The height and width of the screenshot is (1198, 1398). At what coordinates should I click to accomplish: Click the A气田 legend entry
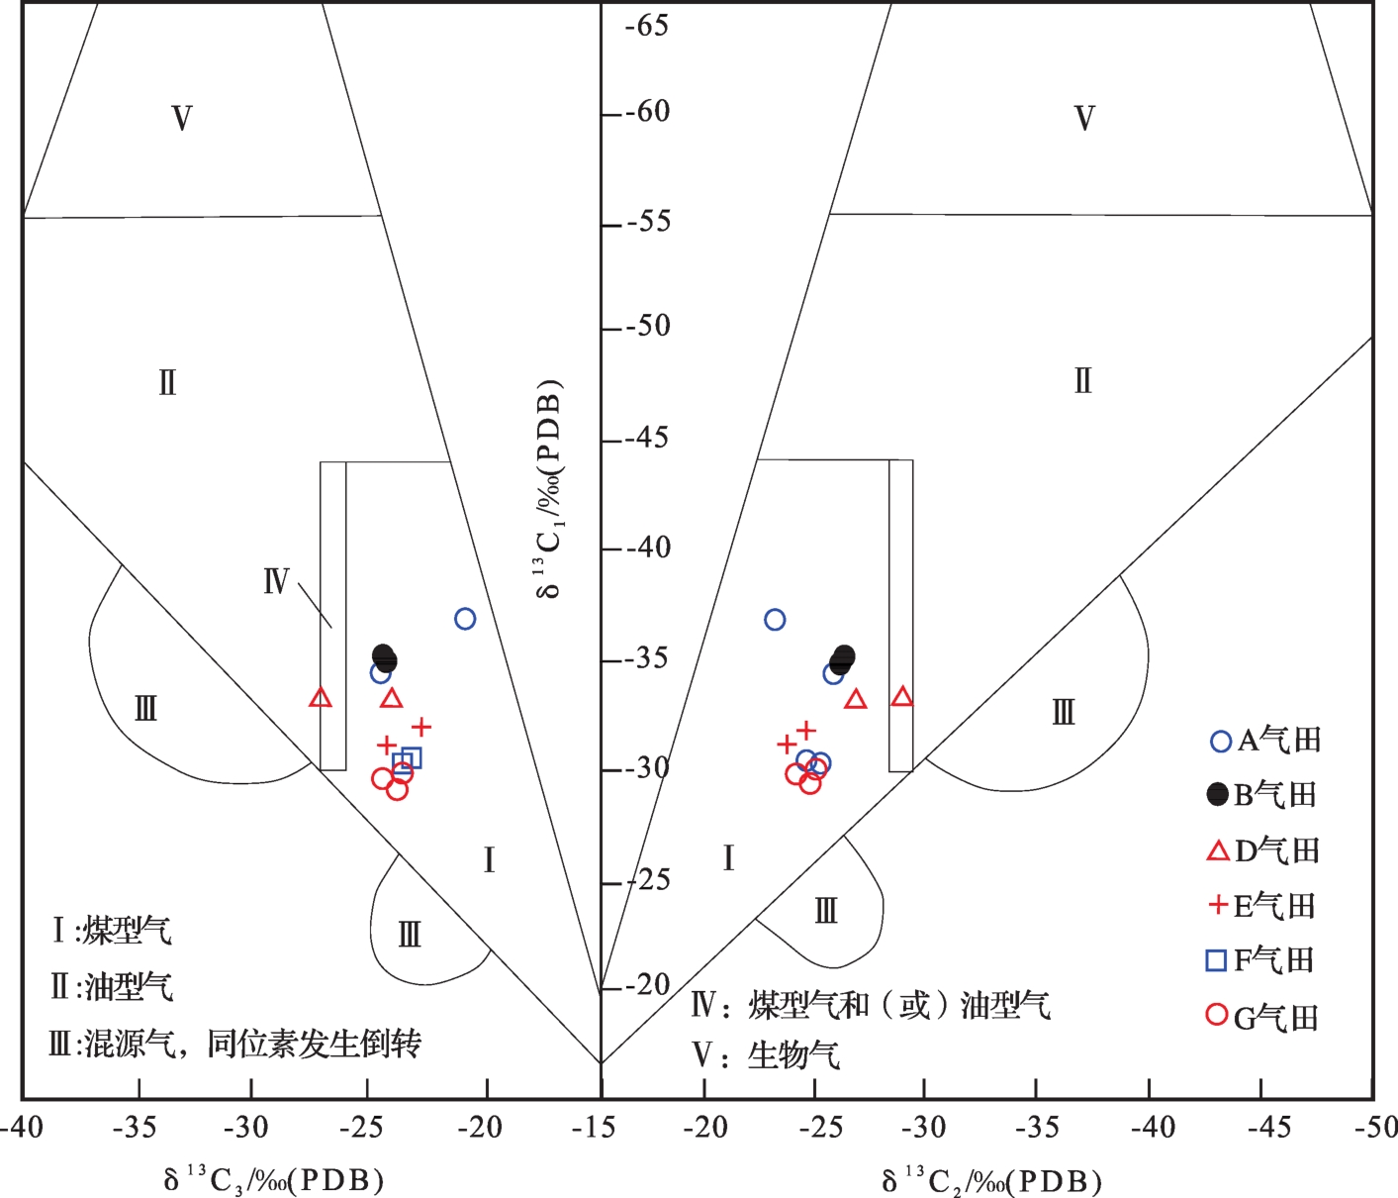coord(1266,741)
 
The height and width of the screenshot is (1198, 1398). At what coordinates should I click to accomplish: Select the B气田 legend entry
coord(1263,795)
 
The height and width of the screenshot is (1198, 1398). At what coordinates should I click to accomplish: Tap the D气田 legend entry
coord(1263,850)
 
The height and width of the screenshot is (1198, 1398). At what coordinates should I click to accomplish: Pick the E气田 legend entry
coord(1263,905)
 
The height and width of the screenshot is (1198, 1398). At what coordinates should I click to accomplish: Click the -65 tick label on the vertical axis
coord(648,25)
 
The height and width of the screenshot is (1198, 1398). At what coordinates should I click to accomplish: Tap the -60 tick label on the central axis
coord(648,111)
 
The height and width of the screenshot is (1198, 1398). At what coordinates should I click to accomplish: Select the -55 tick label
coord(648,221)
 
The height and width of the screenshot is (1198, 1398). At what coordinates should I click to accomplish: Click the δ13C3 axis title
coord(273,1179)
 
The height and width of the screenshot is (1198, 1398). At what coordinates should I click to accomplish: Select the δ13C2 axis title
coord(990,1180)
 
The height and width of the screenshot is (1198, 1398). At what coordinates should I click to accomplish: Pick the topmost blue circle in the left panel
coord(465,619)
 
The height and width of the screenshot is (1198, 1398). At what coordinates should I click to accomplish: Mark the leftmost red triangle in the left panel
coord(320,698)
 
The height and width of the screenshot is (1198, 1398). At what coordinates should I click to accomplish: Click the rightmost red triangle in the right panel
coord(901,697)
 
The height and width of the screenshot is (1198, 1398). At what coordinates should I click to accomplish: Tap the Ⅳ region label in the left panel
coord(276,581)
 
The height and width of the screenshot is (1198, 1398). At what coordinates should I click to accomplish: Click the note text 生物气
coord(793,1055)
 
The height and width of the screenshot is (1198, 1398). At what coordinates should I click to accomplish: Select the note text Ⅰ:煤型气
coord(111,931)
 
